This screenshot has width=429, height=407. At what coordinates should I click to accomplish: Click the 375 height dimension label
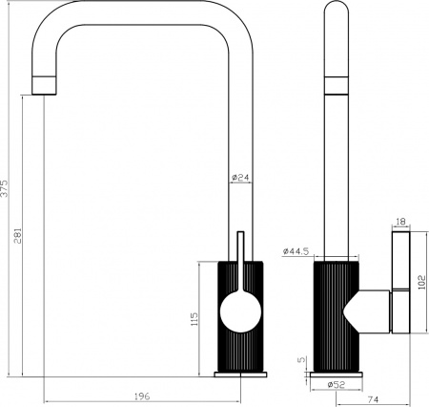click(6, 187)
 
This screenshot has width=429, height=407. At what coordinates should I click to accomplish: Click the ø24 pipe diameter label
click(240, 177)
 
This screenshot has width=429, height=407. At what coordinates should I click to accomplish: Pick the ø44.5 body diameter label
click(296, 250)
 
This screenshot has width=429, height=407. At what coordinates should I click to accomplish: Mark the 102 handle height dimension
click(421, 282)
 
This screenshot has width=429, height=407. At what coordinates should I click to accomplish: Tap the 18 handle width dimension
click(400, 222)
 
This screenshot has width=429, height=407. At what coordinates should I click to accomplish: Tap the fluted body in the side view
click(334, 315)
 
